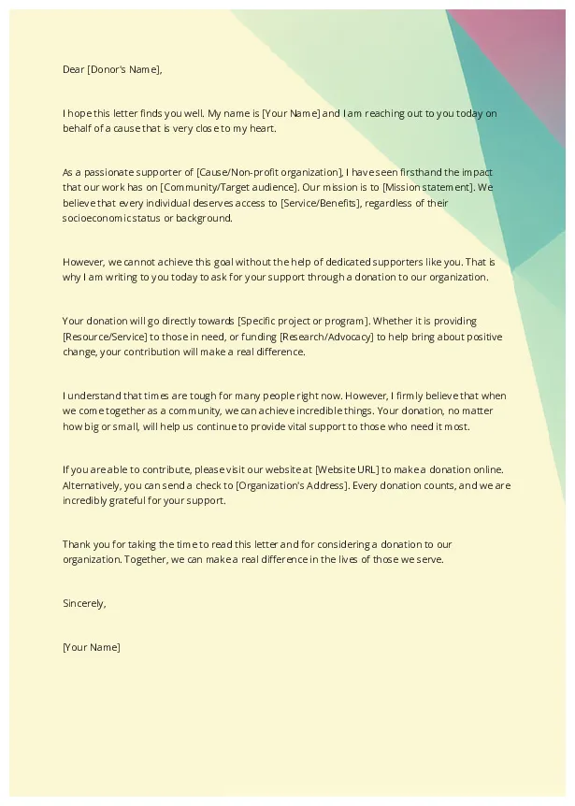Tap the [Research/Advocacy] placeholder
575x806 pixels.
[326, 337]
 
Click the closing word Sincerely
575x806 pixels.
[84, 603]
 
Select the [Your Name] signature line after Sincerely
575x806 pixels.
[91, 647]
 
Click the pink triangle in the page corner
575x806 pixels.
[524, 47]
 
